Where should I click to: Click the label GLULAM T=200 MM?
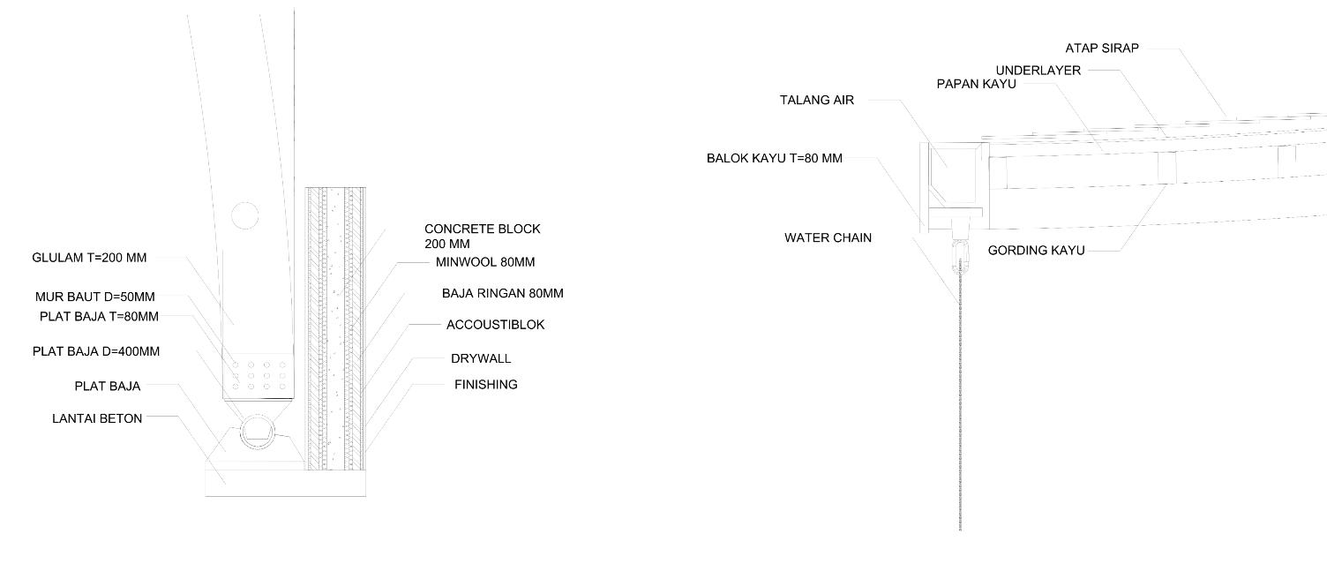[x=89, y=258]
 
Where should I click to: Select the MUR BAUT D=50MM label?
[x=94, y=297]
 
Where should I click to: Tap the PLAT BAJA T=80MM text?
[x=99, y=316]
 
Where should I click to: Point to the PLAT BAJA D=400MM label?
[x=96, y=351]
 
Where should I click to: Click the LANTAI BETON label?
[x=97, y=418]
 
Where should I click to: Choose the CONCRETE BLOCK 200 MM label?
[x=482, y=236]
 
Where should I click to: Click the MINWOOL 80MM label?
[x=485, y=262]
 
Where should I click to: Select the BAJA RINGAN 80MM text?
[x=502, y=293]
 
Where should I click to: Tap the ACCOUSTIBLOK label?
[x=495, y=325]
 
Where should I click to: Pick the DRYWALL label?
[x=481, y=359]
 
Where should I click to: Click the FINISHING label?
[x=485, y=385]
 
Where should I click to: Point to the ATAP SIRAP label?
[x=1102, y=49]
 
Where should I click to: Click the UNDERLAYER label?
[x=1038, y=71]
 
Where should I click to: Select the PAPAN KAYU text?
[x=976, y=84]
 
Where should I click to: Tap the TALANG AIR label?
[x=816, y=101]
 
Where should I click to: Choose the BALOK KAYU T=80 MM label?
[x=774, y=159]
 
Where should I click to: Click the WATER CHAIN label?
[x=828, y=237]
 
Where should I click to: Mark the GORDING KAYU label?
[x=1036, y=251]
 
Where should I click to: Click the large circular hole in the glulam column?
[x=244, y=214]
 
